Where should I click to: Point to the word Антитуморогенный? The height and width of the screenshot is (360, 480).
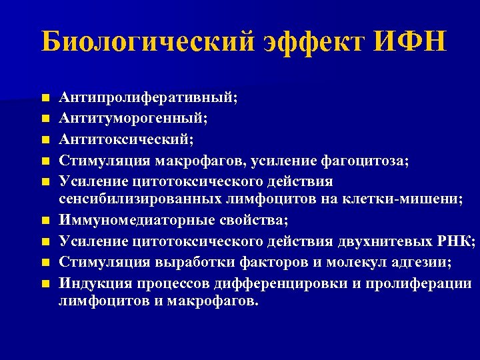click(x=133, y=118)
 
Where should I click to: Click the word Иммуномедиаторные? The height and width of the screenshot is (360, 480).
click(x=142, y=219)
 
